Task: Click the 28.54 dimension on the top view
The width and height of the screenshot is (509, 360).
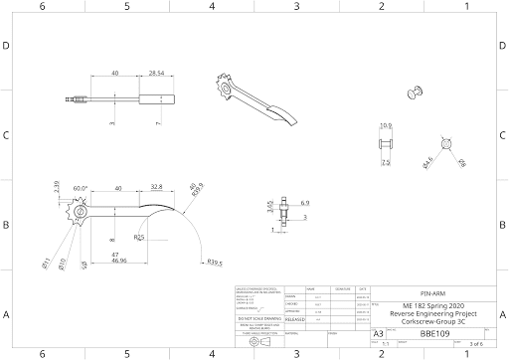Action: click(156, 74)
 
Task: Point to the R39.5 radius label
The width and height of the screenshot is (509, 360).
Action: click(214, 264)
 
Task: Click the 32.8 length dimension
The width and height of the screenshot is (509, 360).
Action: click(156, 187)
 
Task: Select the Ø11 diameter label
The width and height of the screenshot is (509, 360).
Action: click(46, 263)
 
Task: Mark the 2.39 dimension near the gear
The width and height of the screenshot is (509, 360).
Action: click(57, 186)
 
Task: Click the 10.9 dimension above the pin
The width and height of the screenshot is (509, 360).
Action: click(386, 125)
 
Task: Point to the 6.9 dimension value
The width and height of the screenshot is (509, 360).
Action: click(304, 202)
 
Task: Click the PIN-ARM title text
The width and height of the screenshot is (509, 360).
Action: click(431, 295)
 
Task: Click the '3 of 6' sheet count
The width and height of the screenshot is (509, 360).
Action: click(474, 344)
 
